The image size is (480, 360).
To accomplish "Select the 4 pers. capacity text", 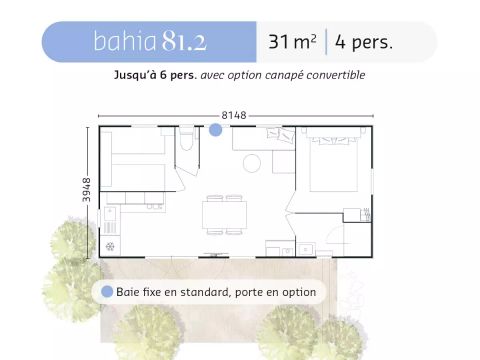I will coord(365,42).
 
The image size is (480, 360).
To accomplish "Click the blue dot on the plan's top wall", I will coord(215,129).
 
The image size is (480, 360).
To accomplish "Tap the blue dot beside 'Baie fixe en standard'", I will coord(107,292).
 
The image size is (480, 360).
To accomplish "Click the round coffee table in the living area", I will coord(251,162).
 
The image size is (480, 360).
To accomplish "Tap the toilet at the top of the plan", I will coord(185,141).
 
